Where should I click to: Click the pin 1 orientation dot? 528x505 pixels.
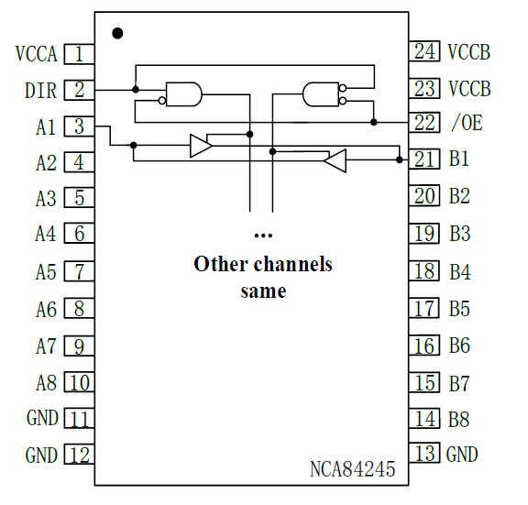tap(117, 33)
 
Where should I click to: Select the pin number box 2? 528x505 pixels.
tap(79, 90)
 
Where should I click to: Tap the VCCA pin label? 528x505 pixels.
tap(37, 54)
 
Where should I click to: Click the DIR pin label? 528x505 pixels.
tap(40, 91)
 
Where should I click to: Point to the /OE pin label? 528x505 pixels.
tap(467, 122)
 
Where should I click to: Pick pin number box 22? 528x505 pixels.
tap(424, 122)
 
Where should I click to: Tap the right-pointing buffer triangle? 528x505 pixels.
tap(201, 146)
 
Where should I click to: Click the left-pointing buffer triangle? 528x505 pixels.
tap(335, 160)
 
